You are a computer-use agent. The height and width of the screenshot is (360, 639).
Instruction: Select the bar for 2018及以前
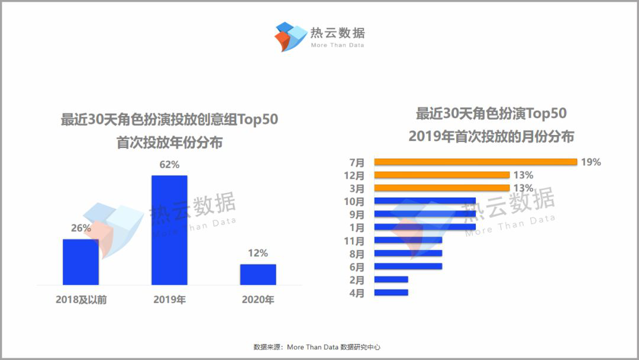click(x=80, y=262)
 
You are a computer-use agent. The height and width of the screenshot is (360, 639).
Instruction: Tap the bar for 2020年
click(x=258, y=274)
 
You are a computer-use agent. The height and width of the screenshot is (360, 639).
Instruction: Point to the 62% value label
click(x=169, y=165)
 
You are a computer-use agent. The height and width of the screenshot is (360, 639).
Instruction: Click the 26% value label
click(x=80, y=228)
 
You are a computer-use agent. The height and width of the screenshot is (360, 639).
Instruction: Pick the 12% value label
click(x=258, y=253)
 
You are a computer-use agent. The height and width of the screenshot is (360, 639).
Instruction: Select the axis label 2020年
click(x=258, y=300)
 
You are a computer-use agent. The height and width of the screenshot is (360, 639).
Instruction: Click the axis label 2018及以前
click(x=81, y=300)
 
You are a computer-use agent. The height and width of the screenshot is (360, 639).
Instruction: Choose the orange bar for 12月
click(x=441, y=175)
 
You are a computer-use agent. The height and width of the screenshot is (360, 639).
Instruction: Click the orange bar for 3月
click(x=441, y=188)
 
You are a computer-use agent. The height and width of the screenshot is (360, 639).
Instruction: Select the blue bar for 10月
click(x=425, y=201)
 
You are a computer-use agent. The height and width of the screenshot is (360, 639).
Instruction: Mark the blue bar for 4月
click(x=391, y=292)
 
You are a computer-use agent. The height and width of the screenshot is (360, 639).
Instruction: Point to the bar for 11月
click(x=408, y=240)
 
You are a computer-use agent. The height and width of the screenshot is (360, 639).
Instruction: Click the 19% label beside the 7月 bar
click(x=590, y=162)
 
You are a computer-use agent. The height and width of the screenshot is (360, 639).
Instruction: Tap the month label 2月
click(x=357, y=279)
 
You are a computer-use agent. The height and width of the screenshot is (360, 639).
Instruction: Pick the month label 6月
click(x=357, y=266)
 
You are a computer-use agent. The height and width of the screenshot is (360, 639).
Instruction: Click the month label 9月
click(x=357, y=214)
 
